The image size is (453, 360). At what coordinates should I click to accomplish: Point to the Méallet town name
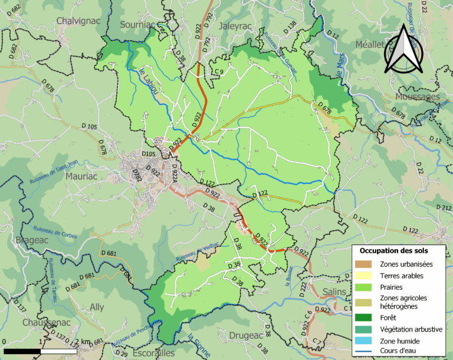(x=370, y=45)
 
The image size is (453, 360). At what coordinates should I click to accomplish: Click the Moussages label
(x=418, y=96)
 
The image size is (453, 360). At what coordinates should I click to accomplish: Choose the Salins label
(x=334, y=293)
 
